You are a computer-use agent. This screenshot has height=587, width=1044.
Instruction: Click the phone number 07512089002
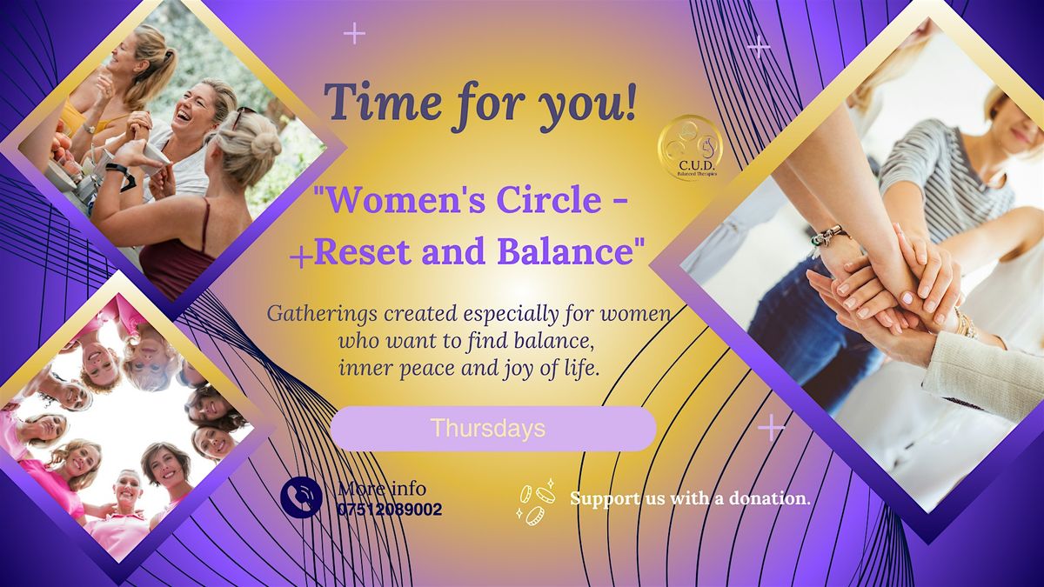tap(389, 509)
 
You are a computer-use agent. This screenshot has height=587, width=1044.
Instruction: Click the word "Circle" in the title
tap(547, 202)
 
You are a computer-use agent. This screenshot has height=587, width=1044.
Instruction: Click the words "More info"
tap(382, 488)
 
